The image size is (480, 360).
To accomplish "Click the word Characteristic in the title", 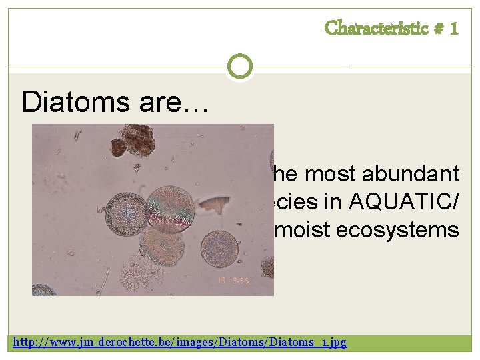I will pyautogui.click(x=376, y=28).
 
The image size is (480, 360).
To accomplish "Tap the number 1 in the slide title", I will pyautogui.click(x=454, y=28).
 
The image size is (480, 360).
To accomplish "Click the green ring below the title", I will pyautogui.click(x=239, y=67).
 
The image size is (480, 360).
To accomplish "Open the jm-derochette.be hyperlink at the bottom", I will pyautogui.click(x=181, y=342).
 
